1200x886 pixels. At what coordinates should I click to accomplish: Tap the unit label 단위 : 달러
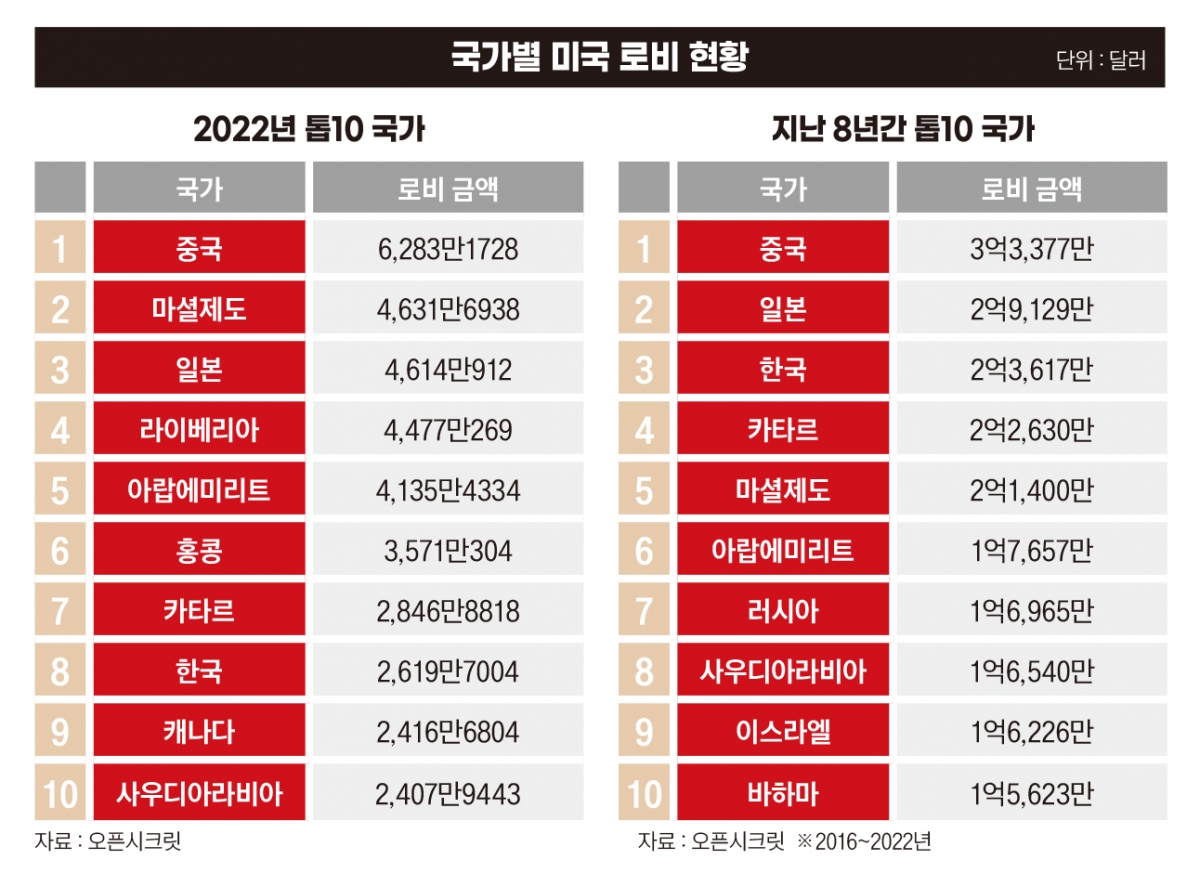pyautogui.click(x=1100, y=60)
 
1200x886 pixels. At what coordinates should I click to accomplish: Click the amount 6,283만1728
pyautogui.click(x=448, y=249)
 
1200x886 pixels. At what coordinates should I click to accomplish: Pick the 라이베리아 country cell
pyautogui.click(x=199, y=430)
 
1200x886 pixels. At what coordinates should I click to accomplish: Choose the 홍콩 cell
pyautogui.click(x=199, y=551)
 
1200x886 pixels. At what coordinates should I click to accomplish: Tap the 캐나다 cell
pyautogui.click(x=199, y=731)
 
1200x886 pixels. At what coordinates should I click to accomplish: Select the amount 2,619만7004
pyautogui.click(x=448, y=671)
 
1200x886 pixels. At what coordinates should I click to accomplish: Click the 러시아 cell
pyautogui.click(x=783, y=611)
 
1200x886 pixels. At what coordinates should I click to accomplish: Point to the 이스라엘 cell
pyautogui.click(x=783, y=731)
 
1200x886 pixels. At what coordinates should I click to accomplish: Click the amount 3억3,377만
pyautogui.click(x=1031, y=249)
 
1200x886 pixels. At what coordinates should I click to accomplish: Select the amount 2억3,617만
pyautogui.click(x=1031, y=370)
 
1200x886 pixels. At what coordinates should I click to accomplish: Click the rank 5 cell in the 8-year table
pyautogui.click(x=644, y=491)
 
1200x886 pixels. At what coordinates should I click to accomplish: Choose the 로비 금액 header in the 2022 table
pyautogui.click(x=448, y=188)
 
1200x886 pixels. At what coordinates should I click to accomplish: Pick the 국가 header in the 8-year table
pyautogui.click(x=783, y=188)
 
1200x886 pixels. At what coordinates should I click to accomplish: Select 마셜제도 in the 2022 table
pyautogui.click(x=199, y=310)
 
